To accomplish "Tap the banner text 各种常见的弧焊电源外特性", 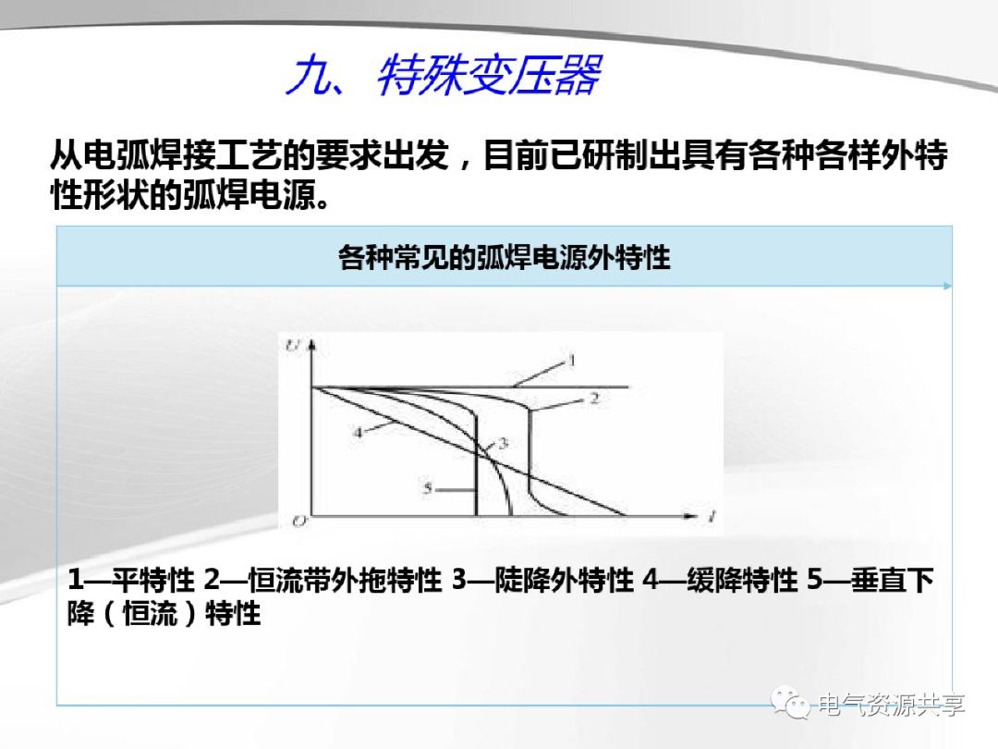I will coord(504,256).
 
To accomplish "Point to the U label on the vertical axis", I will coord(293,346).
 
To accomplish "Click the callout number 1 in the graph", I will coord(571,359).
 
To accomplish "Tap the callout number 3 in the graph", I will coord(503,444).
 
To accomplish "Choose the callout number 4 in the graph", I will coord(359,431).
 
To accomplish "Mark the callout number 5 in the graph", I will coord(428,487).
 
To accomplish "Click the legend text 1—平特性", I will coord(130,581).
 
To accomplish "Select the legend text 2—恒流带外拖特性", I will coord(323,581).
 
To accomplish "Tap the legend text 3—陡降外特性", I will coord(542,581).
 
